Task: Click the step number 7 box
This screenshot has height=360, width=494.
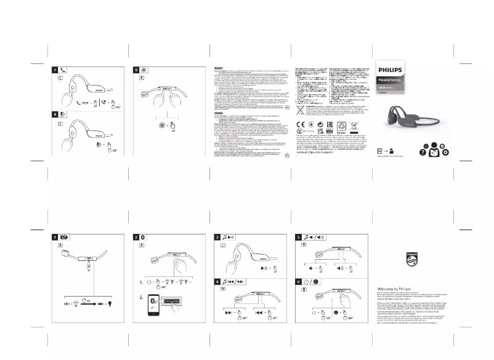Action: coord(55,71)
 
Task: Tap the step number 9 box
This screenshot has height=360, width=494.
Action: coord(138,71)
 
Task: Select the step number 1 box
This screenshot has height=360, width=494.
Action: coord(54,238)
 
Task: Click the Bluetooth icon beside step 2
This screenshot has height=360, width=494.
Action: coord(145,238)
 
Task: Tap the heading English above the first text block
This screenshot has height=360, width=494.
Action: coord(219,68)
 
